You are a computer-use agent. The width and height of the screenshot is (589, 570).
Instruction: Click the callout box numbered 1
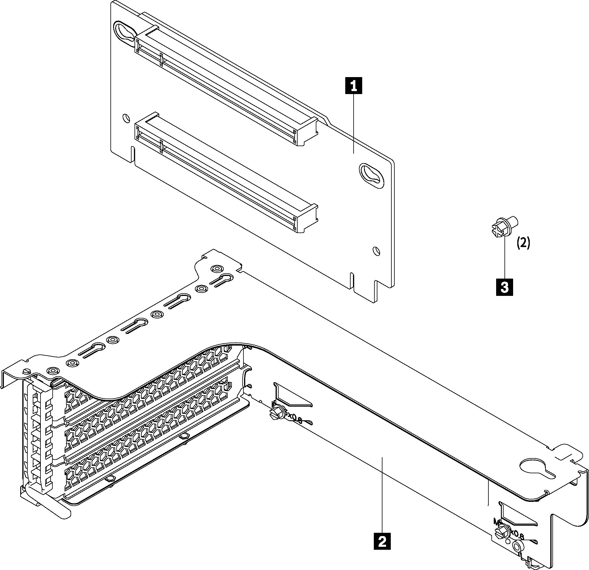point(354,86)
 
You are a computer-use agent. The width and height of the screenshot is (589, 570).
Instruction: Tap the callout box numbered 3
point(504,287)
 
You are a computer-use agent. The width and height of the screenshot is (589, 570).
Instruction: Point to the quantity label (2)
point(523,243)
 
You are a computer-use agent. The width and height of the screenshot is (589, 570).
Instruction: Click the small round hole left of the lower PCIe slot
point(126,118)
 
